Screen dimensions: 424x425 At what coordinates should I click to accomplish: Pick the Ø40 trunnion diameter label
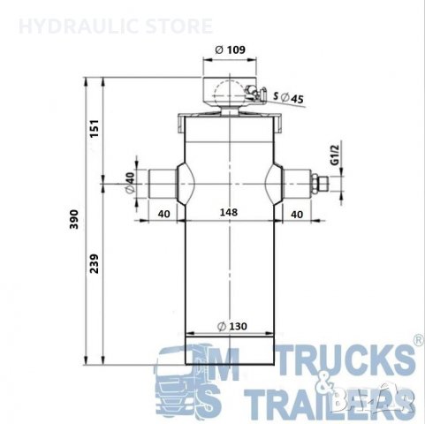coord(131,184)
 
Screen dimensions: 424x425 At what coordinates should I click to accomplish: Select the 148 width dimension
coord(229,213)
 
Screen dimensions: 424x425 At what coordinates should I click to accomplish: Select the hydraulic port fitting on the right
coord(321,185)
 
